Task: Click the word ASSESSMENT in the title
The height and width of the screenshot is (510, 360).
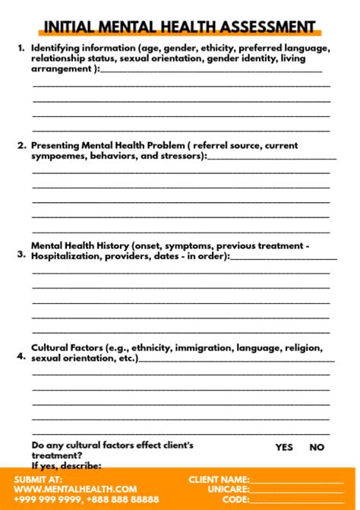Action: coord(267,27)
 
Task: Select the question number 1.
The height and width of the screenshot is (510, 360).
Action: coord(21,47)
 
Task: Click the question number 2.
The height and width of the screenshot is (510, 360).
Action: coord(21,145)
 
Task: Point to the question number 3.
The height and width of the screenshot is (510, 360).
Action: coord(21,255)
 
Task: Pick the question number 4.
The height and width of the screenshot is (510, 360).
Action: coord(21,354)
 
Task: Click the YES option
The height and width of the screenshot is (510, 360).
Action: coord(283,448)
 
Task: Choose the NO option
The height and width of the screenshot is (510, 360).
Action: coord(317,448)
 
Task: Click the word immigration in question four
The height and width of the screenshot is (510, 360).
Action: coord(204,348)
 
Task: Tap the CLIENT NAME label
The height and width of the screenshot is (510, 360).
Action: coord(219,480)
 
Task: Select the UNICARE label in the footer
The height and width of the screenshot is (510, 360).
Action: coord(229,489)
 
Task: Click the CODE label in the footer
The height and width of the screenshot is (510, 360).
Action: coord(236,499)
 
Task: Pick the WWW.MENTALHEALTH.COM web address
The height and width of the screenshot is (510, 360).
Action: coord(75,489)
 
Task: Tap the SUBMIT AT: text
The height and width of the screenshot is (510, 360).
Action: coord(38,480)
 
